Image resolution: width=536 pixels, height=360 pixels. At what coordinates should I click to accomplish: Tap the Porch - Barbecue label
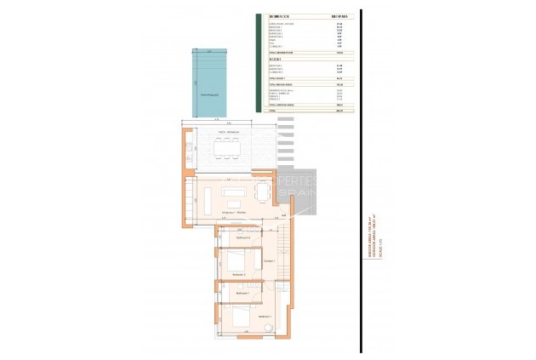[227, 133]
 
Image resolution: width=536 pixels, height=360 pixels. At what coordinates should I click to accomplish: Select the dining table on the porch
[226, 150]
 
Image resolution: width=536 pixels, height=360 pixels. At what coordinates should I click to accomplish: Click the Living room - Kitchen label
[235, 212]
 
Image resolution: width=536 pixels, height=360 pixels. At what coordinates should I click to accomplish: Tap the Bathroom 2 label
[230, 237]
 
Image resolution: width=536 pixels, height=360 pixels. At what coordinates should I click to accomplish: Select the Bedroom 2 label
[238, 275]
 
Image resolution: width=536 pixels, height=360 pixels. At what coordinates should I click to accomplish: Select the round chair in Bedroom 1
[266, 326]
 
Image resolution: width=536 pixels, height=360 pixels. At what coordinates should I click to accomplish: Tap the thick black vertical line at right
[360, 179]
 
